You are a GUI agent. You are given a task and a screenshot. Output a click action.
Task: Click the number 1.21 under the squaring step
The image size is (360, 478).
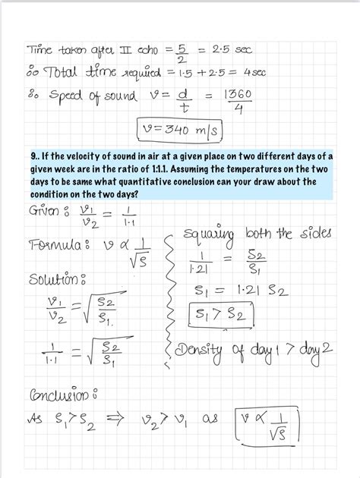[x=197, y=269]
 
